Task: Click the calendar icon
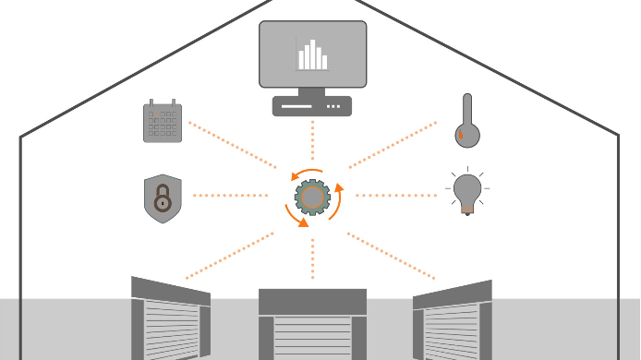tap(163, 122)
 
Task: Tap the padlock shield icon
tap(163, 198)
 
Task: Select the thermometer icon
tap(466, 121)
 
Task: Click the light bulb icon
tap(467, 192)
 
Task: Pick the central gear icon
tap(312, 197)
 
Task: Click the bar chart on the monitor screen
tap(312, 55)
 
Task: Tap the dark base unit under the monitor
tap(312, 107)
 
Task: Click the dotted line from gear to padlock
tap(231, 196)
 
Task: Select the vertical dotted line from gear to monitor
tap(312, 143)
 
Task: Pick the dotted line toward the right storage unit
tap(393, 255)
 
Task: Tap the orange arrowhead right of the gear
tap(338, 188)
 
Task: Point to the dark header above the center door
tap(312, 302)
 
